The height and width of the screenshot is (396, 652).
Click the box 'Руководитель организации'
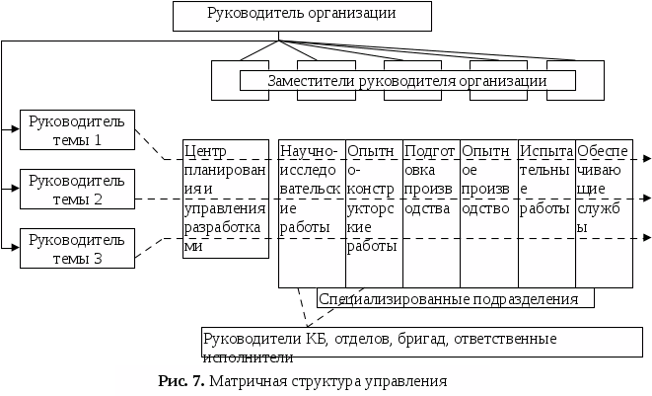point(303,15)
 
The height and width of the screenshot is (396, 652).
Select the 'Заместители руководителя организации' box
point(407,81)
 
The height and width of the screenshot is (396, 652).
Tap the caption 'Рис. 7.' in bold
point(181,380)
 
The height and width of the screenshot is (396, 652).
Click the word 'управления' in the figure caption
point(404,380)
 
